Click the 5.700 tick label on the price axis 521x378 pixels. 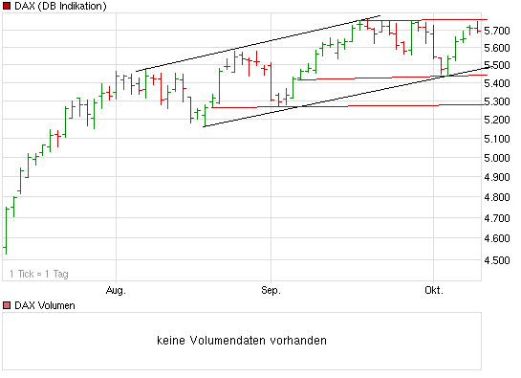pyautogui.click(x=498, y=31)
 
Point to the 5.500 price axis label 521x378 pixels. pyautogui.click(x=498, y=65)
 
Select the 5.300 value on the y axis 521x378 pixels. pyautogui.click(x=498, y=101)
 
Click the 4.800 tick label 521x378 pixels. pyautogui.click(x=498, y=197)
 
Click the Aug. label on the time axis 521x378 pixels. pyautogui.click(x=117, y=288)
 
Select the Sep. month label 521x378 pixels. pyautogui.click(x=271, y=288)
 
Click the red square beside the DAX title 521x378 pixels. pyautogui.click(x=7, y=7)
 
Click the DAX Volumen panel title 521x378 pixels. pyautogui.click(x=44, y=305)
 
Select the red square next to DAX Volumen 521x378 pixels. pyautogui.click(x=7, y=305)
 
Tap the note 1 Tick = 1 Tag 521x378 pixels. pyautogui.click(x=39, y=274)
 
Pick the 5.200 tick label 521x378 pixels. pyautogui.click(x=498, y=120)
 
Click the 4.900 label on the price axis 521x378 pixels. pyautogui.click(x=498, y=177)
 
